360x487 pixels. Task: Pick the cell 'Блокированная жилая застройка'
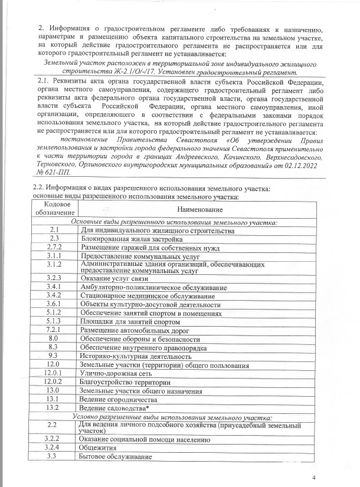point(131,239)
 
